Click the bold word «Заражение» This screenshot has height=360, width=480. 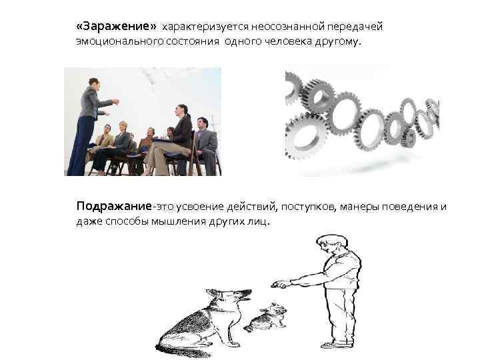point(116,26)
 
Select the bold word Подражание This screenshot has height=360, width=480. point(114,206)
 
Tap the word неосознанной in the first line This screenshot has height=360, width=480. point(288,27)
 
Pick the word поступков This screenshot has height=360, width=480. point(309,207)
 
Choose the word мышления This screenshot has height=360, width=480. point(179,221)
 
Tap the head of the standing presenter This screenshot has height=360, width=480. point(94,83)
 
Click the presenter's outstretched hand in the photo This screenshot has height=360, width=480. point(115,101)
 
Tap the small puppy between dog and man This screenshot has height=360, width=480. point(266,318)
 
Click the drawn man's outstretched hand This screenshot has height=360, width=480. point(279,285)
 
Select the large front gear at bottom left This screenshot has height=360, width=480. point(304,137)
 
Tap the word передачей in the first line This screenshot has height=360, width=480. point(355,27)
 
